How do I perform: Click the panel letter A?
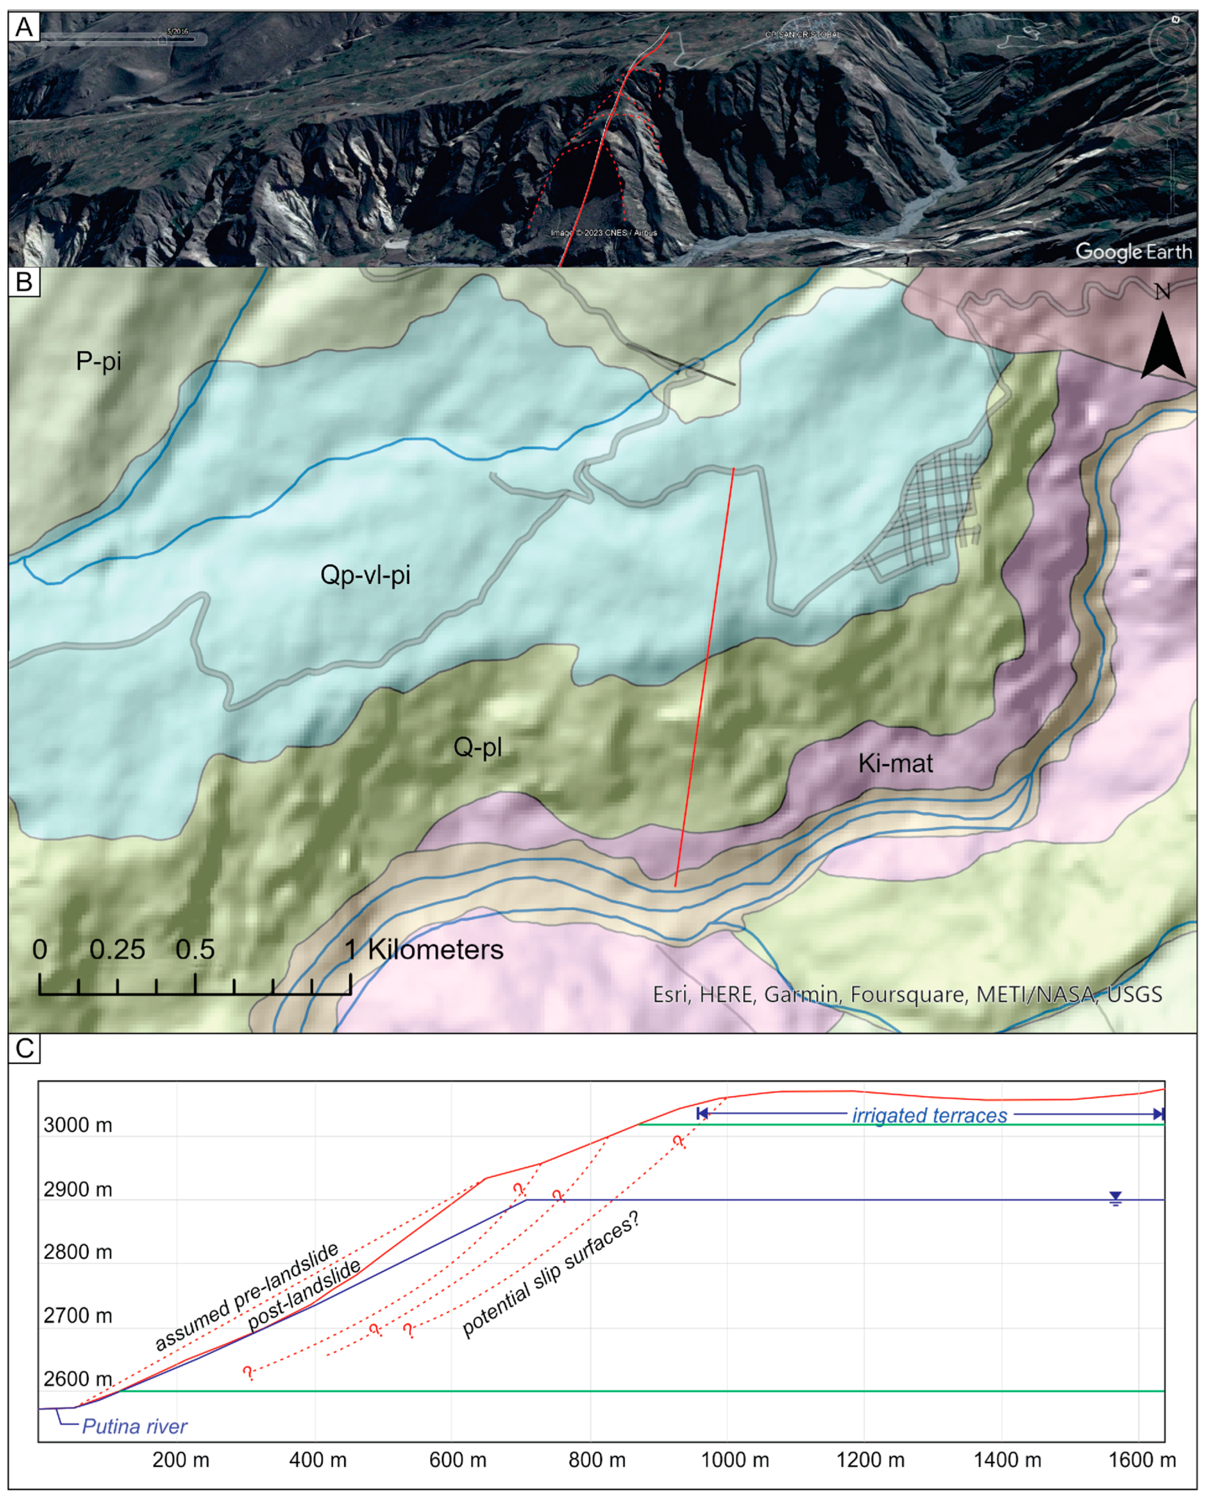[x=24, y=27]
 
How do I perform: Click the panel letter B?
[x=24, y=282]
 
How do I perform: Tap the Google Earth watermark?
[x=1133, y=251]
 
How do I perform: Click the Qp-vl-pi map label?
[x=365, y=575]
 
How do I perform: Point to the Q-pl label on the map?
[x=477, y=748]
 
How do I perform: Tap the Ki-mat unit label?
[x=895, y=763]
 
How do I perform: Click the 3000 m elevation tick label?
[x=77, y=1125]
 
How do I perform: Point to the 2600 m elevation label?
[x=77, y=1378]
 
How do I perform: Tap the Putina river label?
[x=134, y=1427]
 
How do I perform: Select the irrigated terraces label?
[x=929, y=1115]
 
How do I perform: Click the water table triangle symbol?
[x=1115, y=1198]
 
